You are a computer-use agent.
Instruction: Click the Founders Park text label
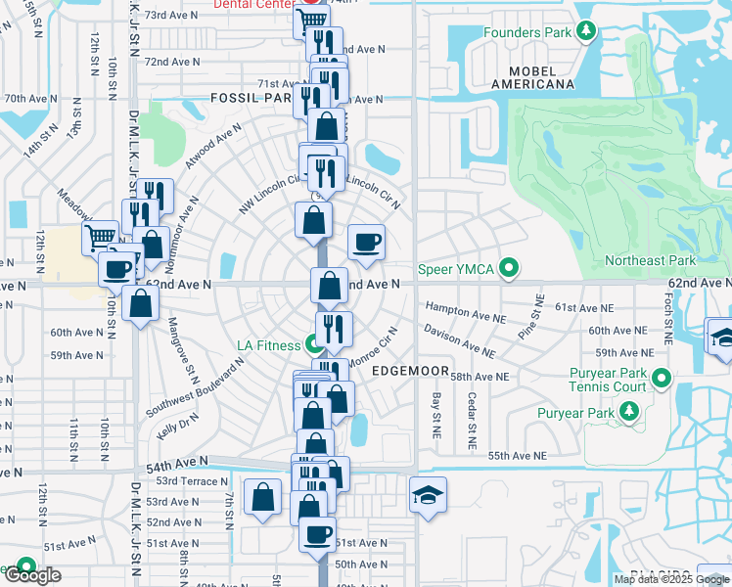tap(526, 32)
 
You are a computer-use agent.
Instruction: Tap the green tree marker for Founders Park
tap(586, 32)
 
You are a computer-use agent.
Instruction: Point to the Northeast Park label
tap(650, 260)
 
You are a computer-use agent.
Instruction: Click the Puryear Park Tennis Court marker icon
tap(662, 377)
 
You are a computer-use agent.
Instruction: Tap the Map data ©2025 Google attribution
tap(670, 579)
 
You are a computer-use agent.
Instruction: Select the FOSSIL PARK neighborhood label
tap(251, 99)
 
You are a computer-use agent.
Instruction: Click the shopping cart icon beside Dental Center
tap(312, 19)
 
